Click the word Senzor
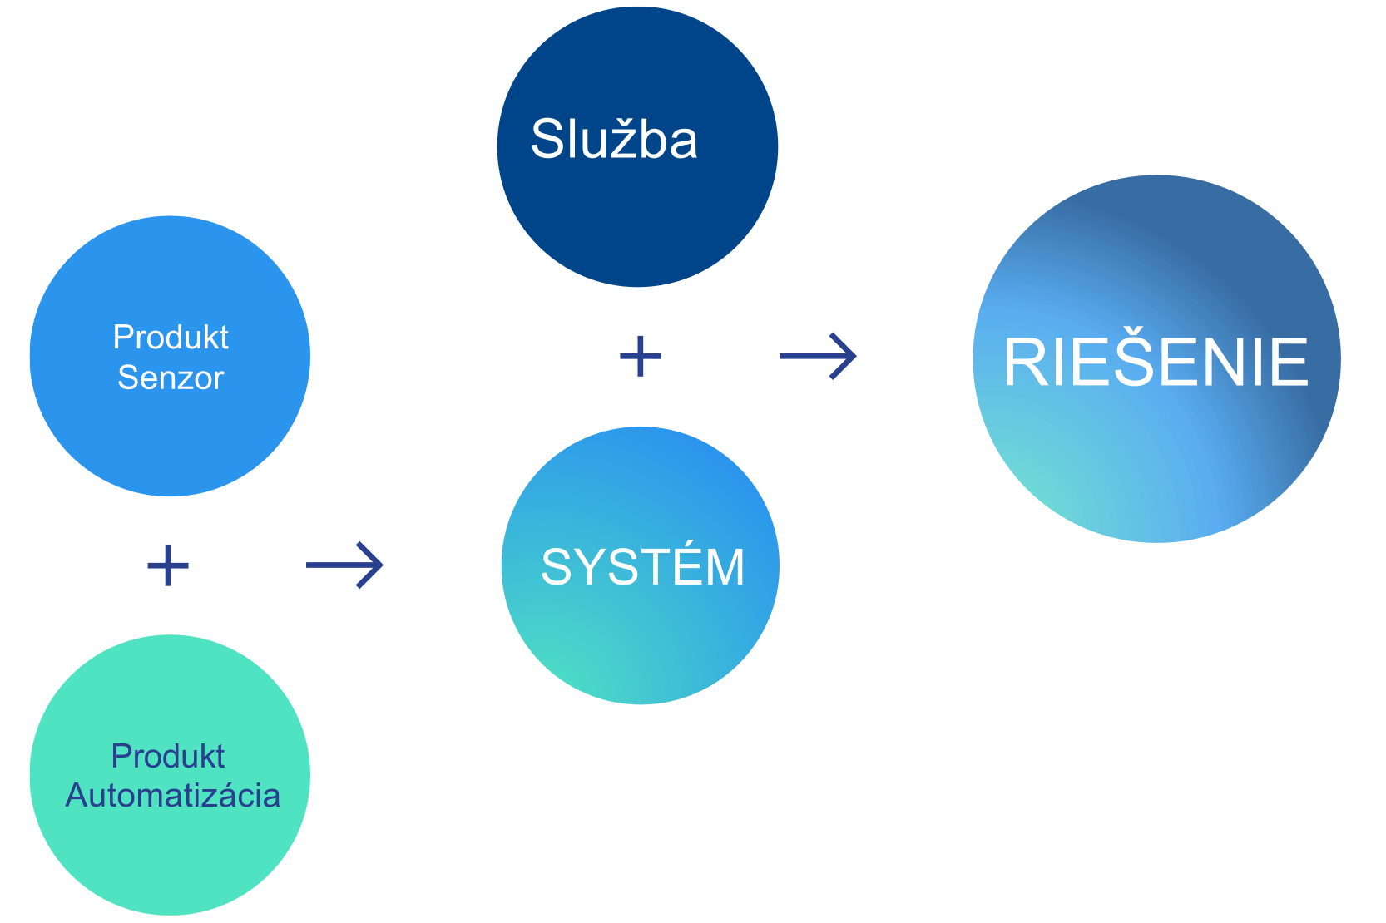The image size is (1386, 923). tap(171, 378)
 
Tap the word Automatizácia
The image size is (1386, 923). tap(173, 796)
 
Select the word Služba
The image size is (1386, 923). tap(614, 140)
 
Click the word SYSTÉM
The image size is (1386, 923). tap(642, 567)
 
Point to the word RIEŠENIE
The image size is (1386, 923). tap(1156, 363)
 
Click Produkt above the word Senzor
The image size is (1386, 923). tap(171, 338)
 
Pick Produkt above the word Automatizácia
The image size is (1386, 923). tap(168, 757)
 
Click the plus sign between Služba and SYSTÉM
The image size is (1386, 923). tap(641, 357)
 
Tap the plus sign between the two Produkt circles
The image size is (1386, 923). tap(168, 565)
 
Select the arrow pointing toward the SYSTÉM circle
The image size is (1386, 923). tap(344, 565)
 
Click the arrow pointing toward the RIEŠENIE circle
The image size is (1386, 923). tap(817, 356)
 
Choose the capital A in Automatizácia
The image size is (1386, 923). tap(77, 796)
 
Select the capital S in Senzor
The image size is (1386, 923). tap(127, 378)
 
